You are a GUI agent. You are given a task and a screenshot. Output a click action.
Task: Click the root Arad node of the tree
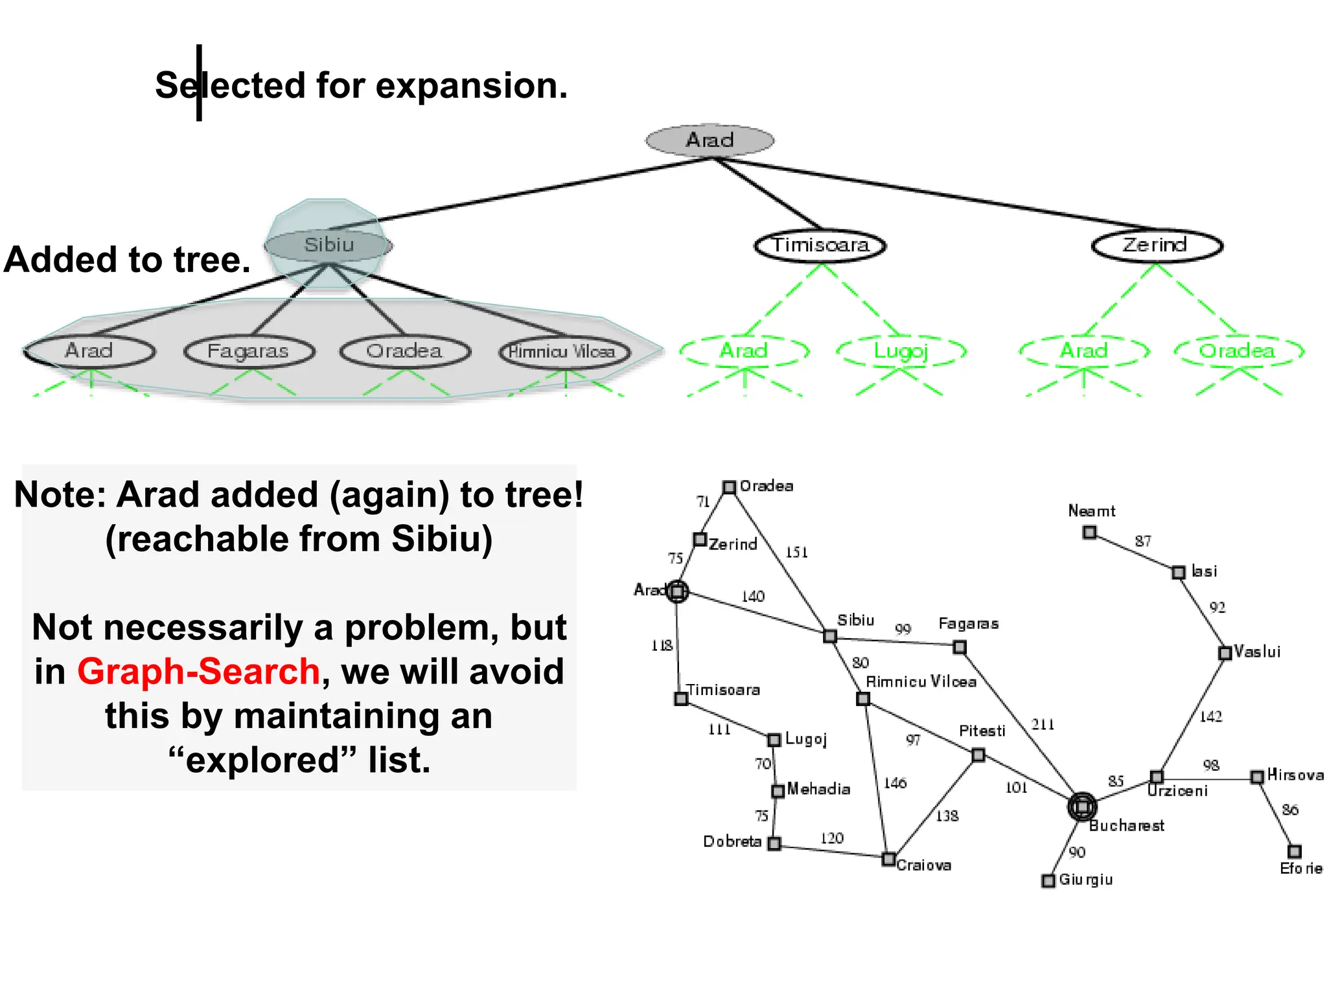710,140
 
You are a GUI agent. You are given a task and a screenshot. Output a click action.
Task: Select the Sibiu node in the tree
329,245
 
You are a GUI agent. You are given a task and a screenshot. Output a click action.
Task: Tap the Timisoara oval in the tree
820,246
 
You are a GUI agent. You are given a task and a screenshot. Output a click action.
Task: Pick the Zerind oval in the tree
1156,246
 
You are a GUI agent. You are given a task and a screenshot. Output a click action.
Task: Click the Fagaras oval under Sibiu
248,351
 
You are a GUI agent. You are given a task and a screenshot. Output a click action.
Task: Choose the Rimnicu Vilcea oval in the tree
564,352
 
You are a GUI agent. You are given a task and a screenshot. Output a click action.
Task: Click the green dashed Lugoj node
901,351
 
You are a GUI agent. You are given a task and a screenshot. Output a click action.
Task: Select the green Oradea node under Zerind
1238,351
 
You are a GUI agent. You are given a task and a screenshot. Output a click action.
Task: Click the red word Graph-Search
198,671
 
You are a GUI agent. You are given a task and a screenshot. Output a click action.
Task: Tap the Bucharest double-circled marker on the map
1081,806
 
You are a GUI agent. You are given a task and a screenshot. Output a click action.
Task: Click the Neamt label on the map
1091,511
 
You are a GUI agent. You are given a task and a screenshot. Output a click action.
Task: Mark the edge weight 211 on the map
1043,724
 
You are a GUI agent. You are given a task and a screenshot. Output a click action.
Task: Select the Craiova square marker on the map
889,859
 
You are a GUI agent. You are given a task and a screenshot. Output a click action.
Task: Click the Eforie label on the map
1300,869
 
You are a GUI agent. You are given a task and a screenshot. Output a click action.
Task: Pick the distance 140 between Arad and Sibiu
752,596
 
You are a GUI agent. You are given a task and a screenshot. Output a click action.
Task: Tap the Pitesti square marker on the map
978,755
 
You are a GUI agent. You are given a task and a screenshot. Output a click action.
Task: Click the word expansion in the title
471,86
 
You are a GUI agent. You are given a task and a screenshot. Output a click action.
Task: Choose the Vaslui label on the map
1257,652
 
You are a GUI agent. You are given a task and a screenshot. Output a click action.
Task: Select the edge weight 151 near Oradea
796,553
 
